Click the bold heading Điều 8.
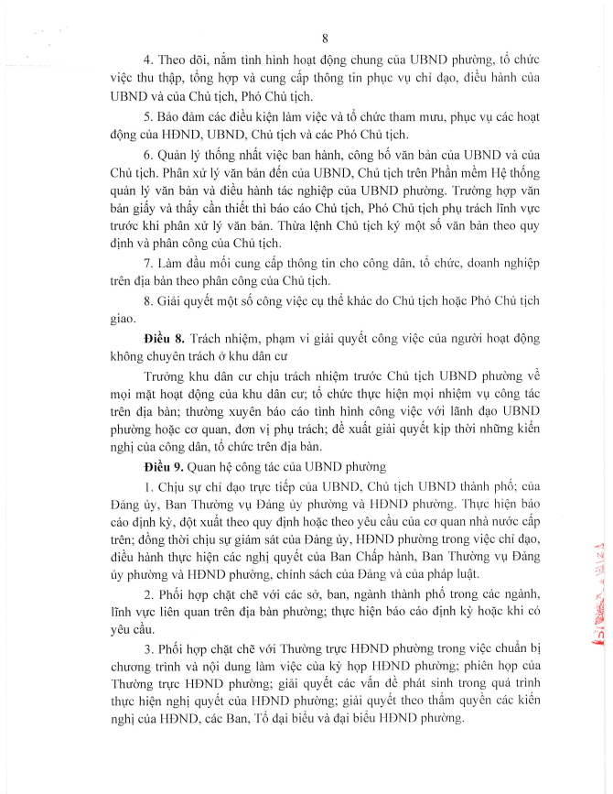tap(166, 338)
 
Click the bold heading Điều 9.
tap(166, 465)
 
